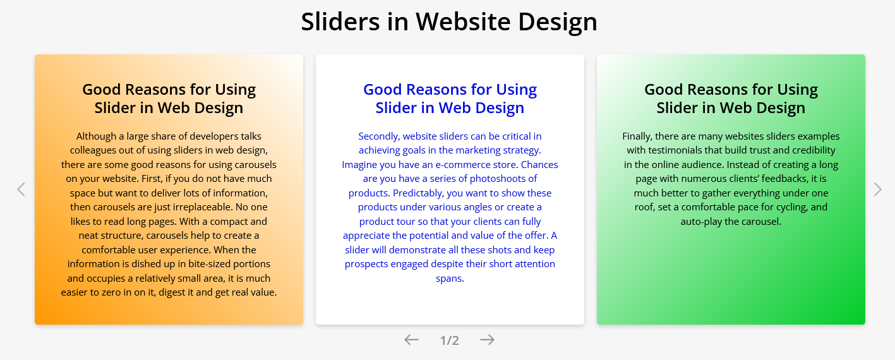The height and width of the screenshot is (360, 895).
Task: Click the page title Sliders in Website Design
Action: point(449,21)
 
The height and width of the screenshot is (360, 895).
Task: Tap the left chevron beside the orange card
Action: point(21,189)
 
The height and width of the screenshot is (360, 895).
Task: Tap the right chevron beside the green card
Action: point(877,189)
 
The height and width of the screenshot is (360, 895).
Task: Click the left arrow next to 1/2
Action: point(412,340)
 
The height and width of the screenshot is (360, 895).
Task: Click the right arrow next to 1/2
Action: point(487,340)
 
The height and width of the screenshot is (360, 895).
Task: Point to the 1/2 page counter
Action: point(450,340)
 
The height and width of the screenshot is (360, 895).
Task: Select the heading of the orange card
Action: point(169,99)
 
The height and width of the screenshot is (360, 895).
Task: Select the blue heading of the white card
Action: point(450,99)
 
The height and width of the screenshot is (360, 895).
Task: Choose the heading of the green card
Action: point(731,99)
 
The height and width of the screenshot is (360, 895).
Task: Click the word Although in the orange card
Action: point(96,136)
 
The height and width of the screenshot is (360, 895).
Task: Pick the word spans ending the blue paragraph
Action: point(450,279)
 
